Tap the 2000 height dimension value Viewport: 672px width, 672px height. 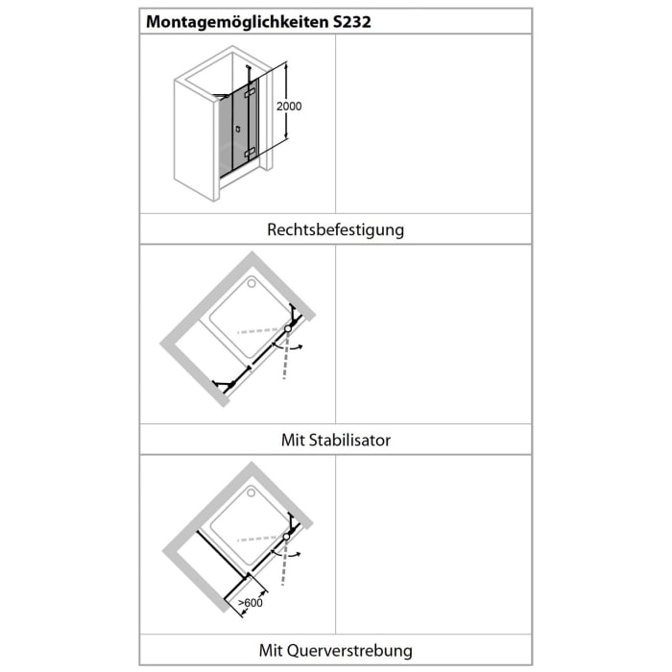pos(288,107)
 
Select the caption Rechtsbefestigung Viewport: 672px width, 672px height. pos(335,229)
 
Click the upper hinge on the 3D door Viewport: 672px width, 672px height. pos(252,93)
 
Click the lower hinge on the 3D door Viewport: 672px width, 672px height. pos(250,152)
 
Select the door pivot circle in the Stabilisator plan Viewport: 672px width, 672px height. pos(287,328)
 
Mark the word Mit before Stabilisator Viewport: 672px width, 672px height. pos(293,441)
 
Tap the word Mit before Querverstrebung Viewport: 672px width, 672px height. pos(272,650)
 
